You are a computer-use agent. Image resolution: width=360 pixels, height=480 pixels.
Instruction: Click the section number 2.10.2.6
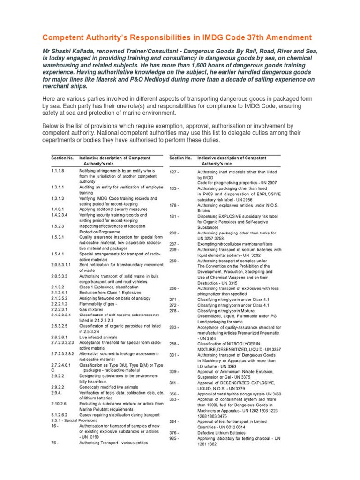coord(60,404)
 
